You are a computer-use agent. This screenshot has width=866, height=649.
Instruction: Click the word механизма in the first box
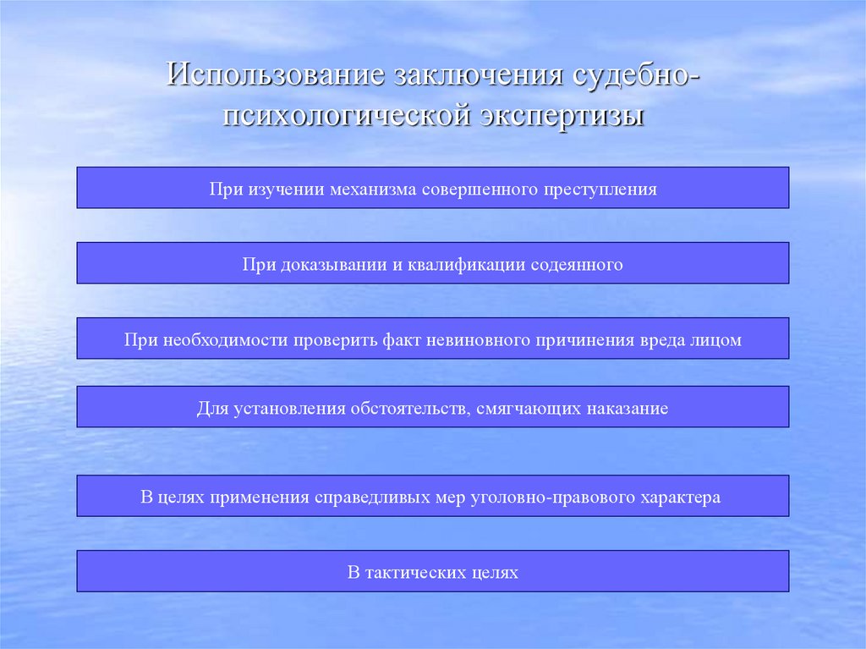[x=371, y=189]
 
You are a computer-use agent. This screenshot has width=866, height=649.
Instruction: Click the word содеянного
[x=577, y=265]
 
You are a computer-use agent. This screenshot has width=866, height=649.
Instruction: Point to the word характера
[x=682, y=498]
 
